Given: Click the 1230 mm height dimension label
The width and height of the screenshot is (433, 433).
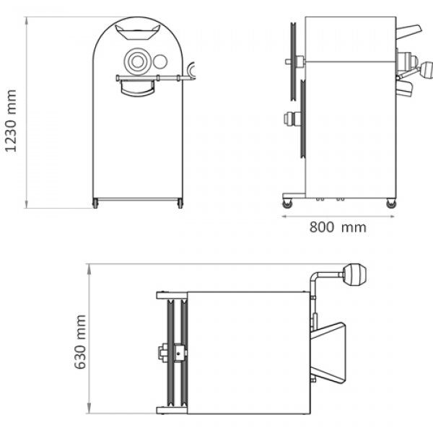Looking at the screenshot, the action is pos(11,121).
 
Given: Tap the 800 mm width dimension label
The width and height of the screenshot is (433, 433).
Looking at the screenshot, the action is pos(338,227).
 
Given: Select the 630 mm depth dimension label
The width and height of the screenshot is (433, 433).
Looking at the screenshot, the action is pos(80,341).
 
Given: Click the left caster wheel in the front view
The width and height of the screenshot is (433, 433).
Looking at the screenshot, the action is pos(95,204).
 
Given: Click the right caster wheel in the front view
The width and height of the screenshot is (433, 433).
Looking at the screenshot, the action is pos(180,204).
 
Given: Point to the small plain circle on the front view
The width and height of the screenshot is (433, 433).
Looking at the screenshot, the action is pos(160,61).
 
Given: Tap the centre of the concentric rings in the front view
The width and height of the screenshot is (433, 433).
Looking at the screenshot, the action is pos(137,61).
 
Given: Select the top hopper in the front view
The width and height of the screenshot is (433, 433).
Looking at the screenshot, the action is pos(138,32).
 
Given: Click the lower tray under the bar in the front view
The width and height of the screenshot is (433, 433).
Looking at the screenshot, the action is pos(137,89).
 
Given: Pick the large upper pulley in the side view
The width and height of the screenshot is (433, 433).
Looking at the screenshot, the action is pos(293,61).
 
